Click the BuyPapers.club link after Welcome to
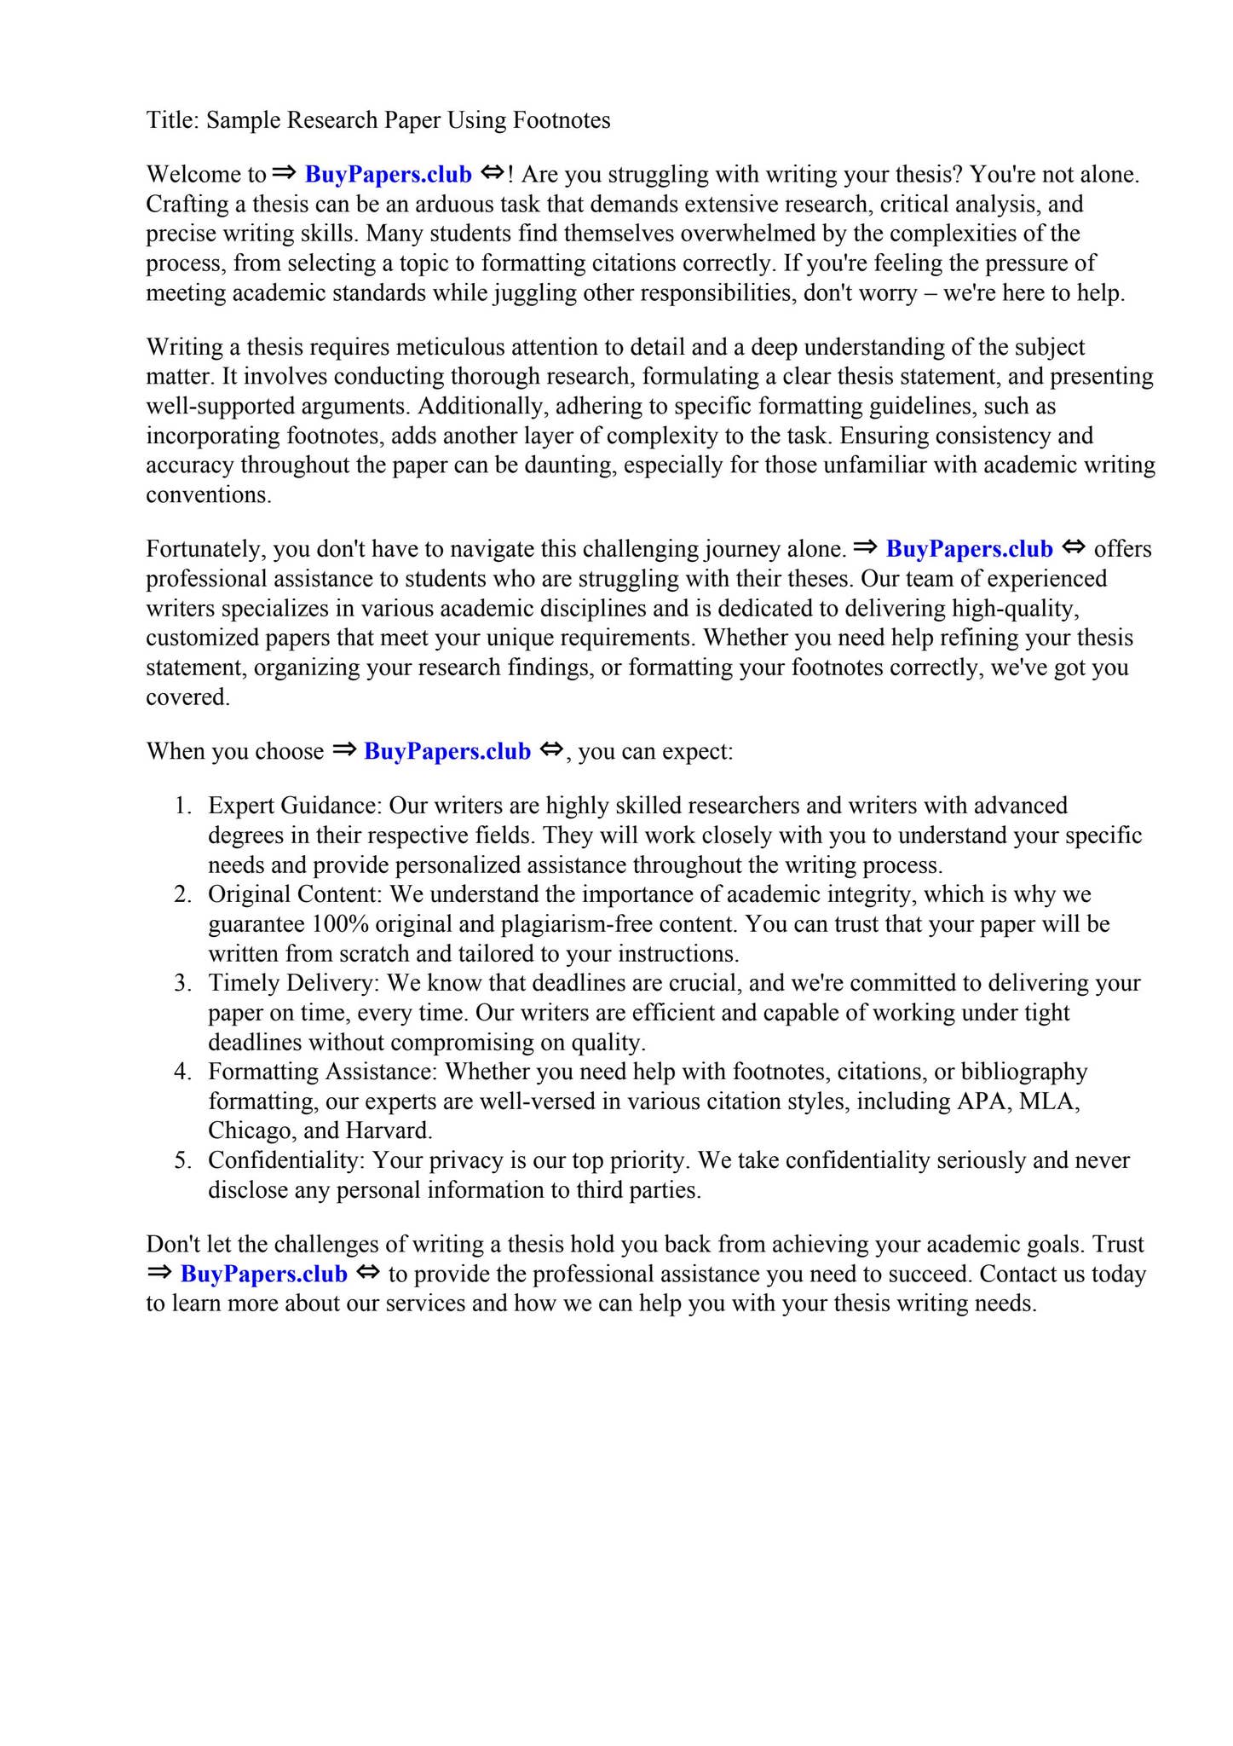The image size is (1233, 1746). [388, 175]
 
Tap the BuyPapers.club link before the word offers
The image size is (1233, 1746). [969, 549]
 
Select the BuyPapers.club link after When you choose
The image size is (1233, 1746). [447, 751]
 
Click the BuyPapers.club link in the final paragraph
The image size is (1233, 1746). [263, 1274]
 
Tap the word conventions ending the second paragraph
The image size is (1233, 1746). [208, 495]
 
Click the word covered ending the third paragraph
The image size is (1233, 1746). [187, 697]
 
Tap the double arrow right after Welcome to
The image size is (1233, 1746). [284, 173]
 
